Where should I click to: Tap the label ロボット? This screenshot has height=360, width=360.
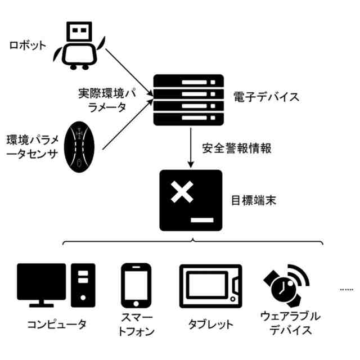tap(27, 46)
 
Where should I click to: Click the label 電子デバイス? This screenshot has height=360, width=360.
tap(266, 97)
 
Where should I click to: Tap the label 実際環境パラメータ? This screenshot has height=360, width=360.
tap(102, 100)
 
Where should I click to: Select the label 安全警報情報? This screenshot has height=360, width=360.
tap(237, 149)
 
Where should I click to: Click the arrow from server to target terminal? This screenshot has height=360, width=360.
tap(191, 147)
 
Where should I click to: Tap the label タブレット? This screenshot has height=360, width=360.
tap(210, 325)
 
